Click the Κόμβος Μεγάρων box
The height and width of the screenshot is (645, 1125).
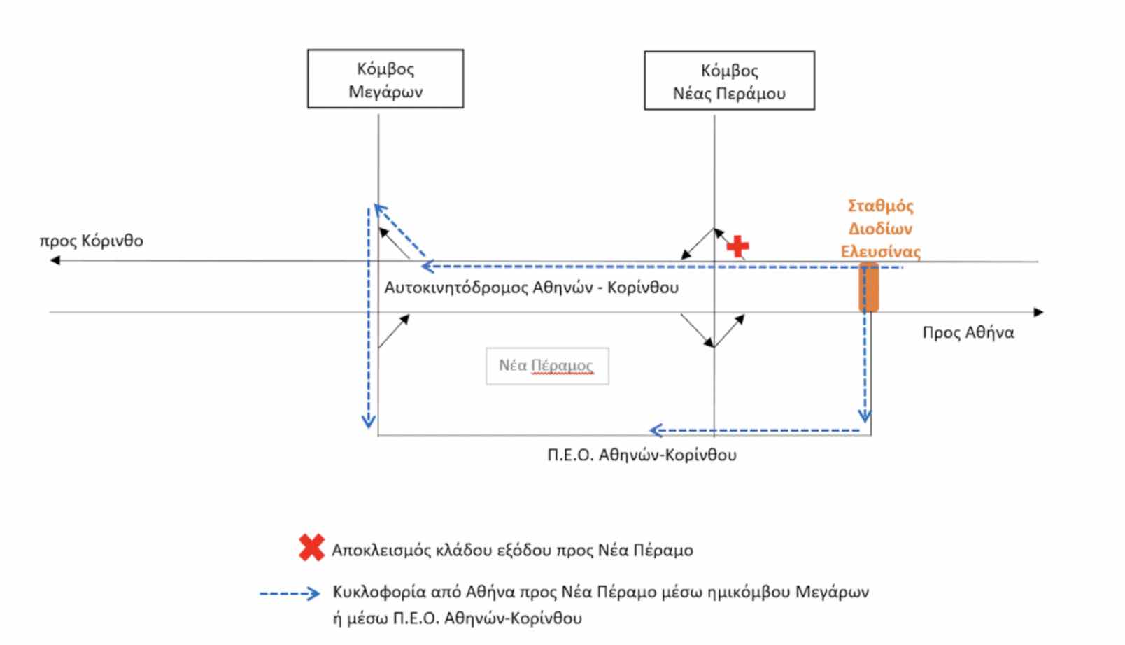[385, 79]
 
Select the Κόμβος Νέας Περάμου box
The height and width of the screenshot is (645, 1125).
[729, 80]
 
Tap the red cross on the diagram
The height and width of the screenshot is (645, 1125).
[737, 246]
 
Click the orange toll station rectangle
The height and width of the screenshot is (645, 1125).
[868, 287]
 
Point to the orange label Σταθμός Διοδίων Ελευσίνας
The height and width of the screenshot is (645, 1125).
[880, 229]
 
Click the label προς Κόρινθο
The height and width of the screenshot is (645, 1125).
[92, 241]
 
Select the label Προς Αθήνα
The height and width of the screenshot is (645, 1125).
[968, 332]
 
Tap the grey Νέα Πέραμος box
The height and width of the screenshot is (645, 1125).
[547, 366]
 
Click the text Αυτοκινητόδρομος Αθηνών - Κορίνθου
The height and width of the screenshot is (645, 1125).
[531, 288]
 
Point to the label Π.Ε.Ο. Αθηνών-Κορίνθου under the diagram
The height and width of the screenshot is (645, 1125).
[642, 455]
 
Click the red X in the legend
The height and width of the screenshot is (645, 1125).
[311, 548]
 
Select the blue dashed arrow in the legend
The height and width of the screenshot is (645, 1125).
[290, 593]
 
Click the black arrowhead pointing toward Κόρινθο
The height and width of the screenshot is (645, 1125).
[55, 260]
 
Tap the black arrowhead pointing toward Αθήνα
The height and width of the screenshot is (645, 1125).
[1038, 312]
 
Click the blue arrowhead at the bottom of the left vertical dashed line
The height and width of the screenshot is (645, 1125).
[368, 421]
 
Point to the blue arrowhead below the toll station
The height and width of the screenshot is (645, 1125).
[865, 416]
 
